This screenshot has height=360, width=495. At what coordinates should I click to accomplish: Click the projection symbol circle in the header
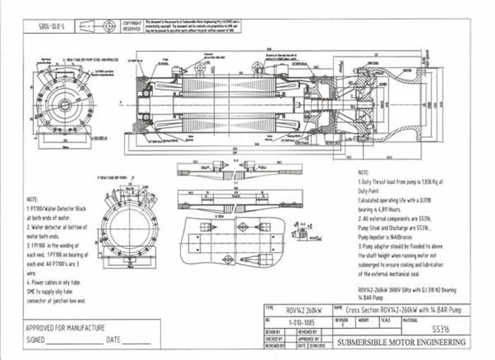[x=107, y=25]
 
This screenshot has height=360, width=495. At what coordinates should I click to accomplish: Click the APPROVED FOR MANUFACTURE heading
[x=65, y=328]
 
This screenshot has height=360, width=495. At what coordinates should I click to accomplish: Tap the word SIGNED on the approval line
[x=35, y=340]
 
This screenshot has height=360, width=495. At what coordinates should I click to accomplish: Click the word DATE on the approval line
[x=114, y=340]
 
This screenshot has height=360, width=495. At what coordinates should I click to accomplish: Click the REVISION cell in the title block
[x=342, y=322]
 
